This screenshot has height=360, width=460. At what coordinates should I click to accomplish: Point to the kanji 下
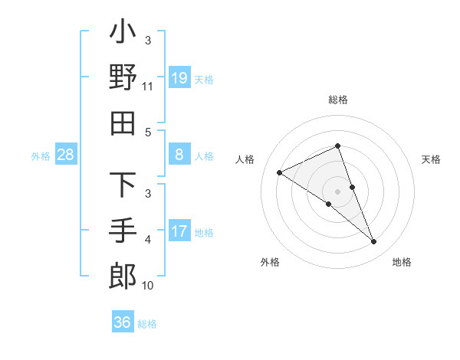click(x=123, y=185)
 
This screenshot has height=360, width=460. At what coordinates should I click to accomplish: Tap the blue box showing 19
click(x=179, y=77)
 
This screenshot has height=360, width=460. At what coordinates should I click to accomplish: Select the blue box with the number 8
click(x=179, y=155)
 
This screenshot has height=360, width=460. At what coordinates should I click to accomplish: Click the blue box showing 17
click(x=179, y=231)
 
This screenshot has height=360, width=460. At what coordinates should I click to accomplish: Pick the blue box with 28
click(x=66, y=155)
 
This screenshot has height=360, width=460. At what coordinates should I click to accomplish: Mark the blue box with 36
click(x=122, y=322)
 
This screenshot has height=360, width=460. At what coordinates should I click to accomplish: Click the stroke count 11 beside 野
click(x=148, y=87)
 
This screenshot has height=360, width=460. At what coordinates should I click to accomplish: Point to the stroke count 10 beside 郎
click(x=148, y=286)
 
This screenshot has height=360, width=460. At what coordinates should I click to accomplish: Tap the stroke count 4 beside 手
click(x=148, y=241)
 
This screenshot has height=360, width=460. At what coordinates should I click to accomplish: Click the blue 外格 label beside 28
click(x=41, y=156)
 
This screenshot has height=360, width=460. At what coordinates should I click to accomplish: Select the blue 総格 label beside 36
click(x=148, y=323)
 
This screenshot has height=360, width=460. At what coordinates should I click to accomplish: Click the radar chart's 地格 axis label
click(x=402, y=262)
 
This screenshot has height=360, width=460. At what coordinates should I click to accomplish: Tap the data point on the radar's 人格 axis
click(x=279, y=172)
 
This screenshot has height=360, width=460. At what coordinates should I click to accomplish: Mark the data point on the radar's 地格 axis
click(x=374, y=242)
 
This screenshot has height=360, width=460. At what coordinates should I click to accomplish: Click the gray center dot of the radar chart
click(x=337, y=191)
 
